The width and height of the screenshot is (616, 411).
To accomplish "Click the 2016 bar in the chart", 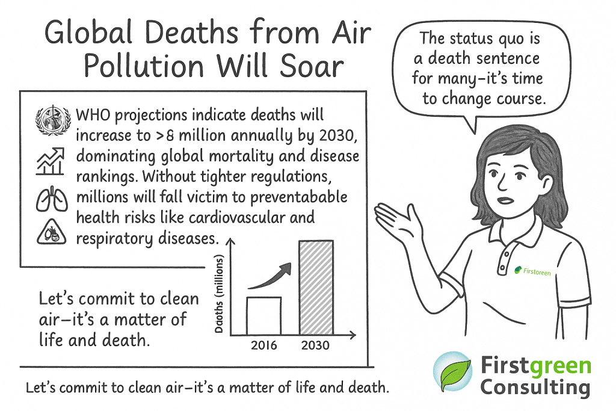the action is coord(263,316).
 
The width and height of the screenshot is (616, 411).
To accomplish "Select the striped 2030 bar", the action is coord(316,288).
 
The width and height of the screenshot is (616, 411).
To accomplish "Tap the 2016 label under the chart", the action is coord(263,345).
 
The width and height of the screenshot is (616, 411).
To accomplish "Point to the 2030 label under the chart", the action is coord(315,345).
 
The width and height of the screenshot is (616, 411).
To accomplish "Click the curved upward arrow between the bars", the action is coord(271,277).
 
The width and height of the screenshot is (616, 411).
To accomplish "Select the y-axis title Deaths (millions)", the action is coord(219,294).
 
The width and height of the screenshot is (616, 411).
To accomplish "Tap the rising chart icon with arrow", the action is coord(51,161).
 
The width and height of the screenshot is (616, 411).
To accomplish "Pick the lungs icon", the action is coord(52,200).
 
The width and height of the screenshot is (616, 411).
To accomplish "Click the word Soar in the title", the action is coord(312,66).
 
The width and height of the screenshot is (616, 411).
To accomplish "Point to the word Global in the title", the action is coord(88,32).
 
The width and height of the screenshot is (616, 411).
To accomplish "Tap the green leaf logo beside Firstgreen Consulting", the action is coord(452,372).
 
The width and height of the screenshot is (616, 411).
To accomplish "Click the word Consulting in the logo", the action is coord(535,388).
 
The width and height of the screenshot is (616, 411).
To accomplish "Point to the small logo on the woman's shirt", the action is coord(532,271).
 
